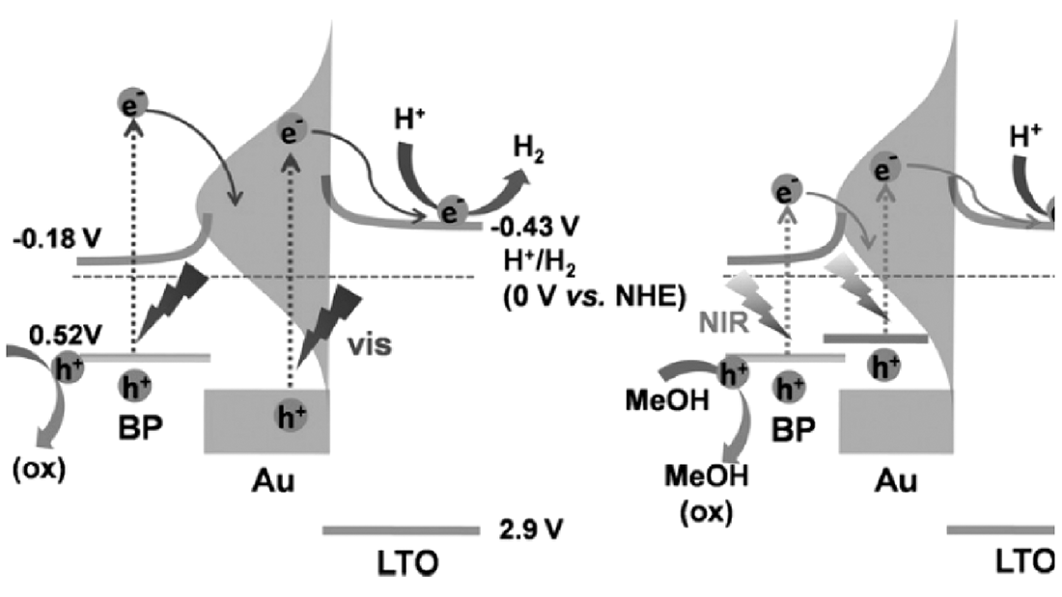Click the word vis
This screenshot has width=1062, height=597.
(370, 344)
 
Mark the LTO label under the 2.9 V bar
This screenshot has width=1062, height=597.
(399, 561)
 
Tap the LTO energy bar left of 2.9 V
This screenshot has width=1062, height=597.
(401, 529)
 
